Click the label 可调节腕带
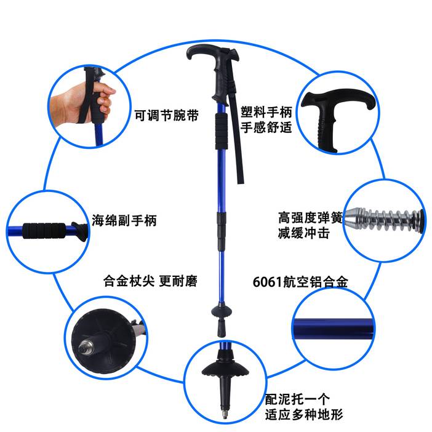166,116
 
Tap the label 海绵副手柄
124,220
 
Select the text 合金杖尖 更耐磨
150,281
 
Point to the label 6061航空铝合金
300,282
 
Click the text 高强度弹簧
311,217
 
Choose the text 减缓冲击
304,233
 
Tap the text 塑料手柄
266,112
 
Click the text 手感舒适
266,127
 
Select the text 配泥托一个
297,399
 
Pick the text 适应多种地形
304,414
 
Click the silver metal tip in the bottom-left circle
84,348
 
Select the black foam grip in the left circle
44,231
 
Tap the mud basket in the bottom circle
225,369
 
